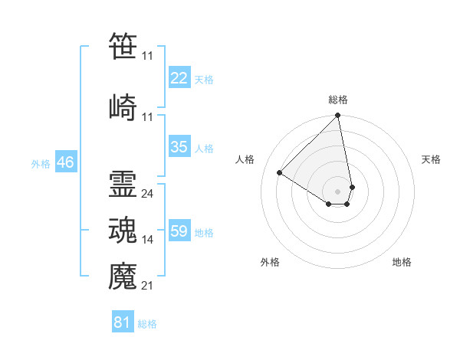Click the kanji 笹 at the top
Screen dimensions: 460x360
pyautogui.click(x=123, y=45)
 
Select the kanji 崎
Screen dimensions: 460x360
pyautogui.click(x=123, y=107)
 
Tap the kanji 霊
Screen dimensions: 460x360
pyautogui.click(x=123, y=184)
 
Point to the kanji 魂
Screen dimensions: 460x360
pyautogui.click(x=123, y=230)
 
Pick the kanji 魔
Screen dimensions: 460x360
pyautogui.click(x=123, y=276)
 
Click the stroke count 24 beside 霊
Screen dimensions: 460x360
pyautogui.click(x=147, y=194)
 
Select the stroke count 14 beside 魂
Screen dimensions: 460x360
pyautogui.click(x=147, y=240)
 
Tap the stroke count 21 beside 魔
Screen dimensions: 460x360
pyautogui.click(x=147, y=286)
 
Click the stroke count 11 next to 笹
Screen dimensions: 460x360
pyautogui.click(x=147, y=56)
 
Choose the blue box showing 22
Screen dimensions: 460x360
pyautogui.click(x=179, y=77)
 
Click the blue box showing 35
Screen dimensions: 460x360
pyautogui.click(x=179, y=146)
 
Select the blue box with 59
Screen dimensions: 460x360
pyautogui.click(x=179, y=230)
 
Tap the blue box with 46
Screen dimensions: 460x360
pyautogui.click(x=66, y=162)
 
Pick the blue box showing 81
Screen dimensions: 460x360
pyautogui.click(x=123, y=321)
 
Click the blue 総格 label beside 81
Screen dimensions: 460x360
pyautogui.click(x=147, y=324)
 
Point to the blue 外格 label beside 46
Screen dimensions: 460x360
pyautogui.click(x=41, y=164)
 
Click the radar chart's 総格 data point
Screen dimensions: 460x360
pyautogui.click(x=337, y=115)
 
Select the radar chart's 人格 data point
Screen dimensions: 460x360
pyautogui.click(x=280, y=172)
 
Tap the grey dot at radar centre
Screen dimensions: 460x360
pyautogui.click(x=337, y=191)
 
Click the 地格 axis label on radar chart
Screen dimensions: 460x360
pyautogui.click(x=402, y=262)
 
